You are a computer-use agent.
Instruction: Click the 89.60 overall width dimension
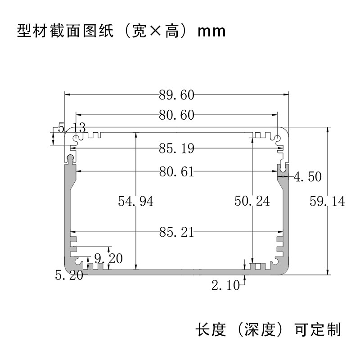click(x=176, y=95)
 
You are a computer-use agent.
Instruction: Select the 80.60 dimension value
click(x=176, y=115)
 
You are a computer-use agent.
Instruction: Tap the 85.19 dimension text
click(x=176, y=148)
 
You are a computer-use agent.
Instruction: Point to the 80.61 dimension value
click(x=176, y=171)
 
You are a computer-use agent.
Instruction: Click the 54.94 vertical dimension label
click(x=135, y=202)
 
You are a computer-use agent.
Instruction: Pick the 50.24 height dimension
click(x=252, y=201)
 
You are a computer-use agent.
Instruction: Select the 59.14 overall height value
click(x=327, y=201)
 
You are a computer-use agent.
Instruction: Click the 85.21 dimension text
click(x=176, y=232)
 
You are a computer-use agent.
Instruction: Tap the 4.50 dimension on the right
click(x=308, y=177)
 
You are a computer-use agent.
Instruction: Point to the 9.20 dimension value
click(x=108, y=259)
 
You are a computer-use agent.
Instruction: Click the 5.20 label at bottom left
click(x=69, y=274)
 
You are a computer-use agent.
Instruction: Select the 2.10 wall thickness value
click(x=226, y=285)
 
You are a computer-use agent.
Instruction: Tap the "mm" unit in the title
click(x=211, y=32)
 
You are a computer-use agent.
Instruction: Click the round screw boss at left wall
click(x=71, y=158)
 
